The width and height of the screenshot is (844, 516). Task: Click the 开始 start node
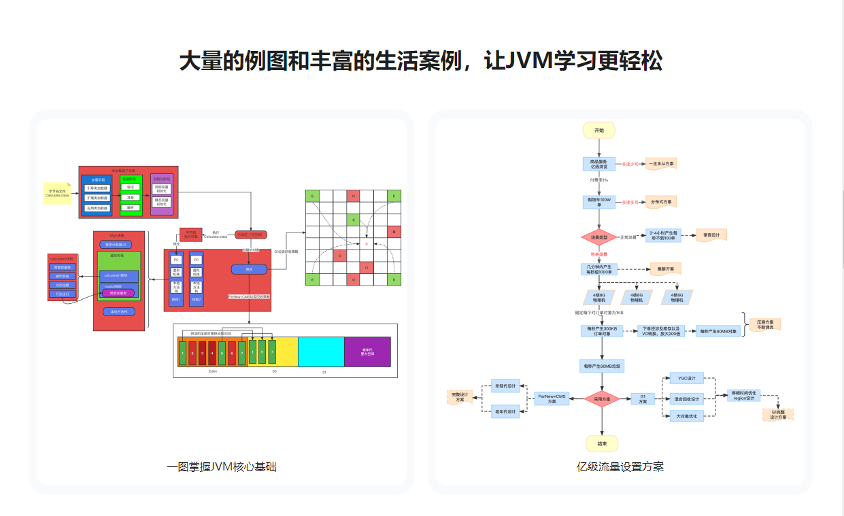[598, 130]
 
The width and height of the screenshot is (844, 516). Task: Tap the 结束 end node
[601, 443]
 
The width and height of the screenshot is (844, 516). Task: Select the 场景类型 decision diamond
[598, 237]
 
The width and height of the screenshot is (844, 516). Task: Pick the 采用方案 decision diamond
[602, 398]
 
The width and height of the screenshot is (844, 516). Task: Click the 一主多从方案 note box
[661, 164]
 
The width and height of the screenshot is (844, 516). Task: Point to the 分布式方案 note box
[661, 202]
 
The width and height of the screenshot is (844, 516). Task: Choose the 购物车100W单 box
[599, 202]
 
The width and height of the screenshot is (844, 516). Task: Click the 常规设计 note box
[711, 235]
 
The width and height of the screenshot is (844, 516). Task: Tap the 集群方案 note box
[665, 269]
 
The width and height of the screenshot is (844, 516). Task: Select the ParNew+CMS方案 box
[552, 398]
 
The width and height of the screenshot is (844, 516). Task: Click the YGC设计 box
[681, 378]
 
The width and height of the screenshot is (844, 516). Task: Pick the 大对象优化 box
[686, 416]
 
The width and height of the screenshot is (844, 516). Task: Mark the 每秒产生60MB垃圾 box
[602, 366]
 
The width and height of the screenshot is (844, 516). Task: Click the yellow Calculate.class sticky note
[56, 193]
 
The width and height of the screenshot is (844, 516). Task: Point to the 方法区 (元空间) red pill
[250, 235]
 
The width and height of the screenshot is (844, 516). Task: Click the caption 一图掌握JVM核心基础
[222, 467]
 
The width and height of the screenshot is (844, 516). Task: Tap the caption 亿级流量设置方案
[620, 467]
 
